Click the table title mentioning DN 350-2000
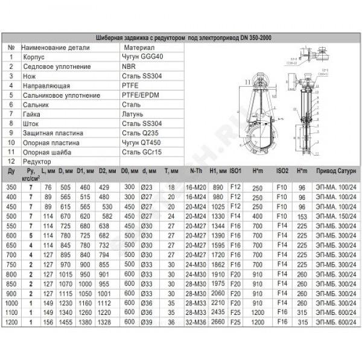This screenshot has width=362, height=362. pos(180,37)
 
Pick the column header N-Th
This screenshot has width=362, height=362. pos(195,171)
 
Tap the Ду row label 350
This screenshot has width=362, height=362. pos(11,187)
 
